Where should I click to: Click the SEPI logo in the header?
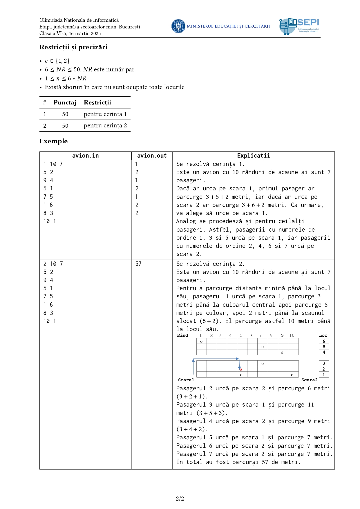(x=299, y=26)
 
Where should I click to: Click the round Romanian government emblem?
(x=178, y=26)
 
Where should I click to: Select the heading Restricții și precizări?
(x=73, y=47)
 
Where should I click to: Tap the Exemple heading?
(x=54, y=141)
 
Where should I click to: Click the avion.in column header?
(x=85, y=156)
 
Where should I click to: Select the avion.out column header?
(x=152, y=156)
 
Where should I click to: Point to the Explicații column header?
(x=254, y=156)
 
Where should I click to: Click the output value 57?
(x=138, y=264)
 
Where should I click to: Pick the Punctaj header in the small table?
(x=65, y=102)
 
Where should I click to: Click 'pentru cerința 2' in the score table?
(x=105, y=126)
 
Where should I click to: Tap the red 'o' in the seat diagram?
(x=241, y=369)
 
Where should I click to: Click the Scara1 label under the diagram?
(x=186, y=380)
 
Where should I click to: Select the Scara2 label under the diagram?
(x=309, y=380)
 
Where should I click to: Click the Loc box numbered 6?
(x=324, y=341)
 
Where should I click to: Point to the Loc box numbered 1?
(x=324, y=375)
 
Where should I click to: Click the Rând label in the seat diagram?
(x=183, y=335)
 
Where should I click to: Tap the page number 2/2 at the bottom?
(x=180, y=499)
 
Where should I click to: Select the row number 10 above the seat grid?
(x=292, y=335)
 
